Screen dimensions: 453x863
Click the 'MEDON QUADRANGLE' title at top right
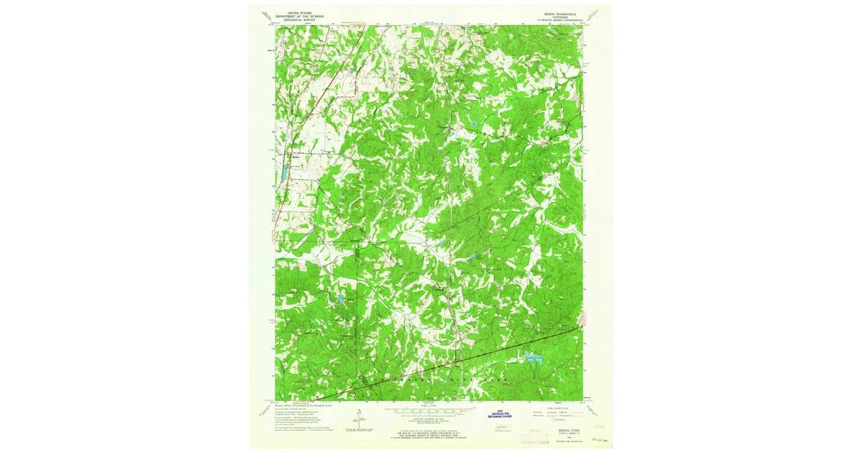click(564, 13)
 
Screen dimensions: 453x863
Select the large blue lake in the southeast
click(532, 357)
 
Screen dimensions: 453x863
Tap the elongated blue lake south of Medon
click(284, 173)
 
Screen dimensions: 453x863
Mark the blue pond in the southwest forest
click(337, 297)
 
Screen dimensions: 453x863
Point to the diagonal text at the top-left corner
click(266, 14)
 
